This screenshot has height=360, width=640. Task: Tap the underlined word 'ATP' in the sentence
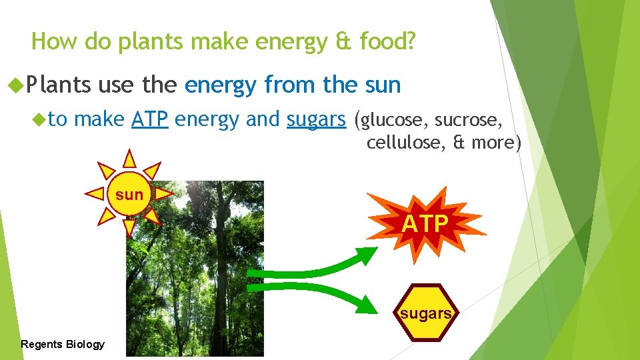tap(149, 119)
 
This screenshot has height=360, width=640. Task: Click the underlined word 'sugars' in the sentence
tap(316, 119)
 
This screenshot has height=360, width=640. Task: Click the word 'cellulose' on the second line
tap(407, 142)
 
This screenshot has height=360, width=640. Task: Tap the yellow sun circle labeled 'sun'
tap(129, 195)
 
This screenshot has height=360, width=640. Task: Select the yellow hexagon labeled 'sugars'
tap(426, 313)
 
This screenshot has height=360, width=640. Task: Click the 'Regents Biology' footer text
tap(63, 344)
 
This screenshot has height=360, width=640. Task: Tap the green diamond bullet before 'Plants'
tap(15, 85)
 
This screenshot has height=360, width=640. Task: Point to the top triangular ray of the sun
tap(129, 159)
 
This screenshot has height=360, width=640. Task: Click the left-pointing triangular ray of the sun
tap(95, 194)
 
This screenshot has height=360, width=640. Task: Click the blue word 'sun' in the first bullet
tap(383, 85)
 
